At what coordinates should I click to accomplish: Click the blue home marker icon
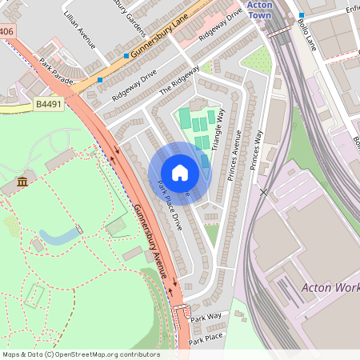(180, 173)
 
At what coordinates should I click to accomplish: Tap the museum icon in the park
(22, 184)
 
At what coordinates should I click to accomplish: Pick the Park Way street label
(206, 318)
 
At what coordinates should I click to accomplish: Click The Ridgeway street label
(178, 80)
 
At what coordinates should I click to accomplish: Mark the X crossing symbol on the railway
(263, 192)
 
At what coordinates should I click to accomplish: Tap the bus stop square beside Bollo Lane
(302, 15)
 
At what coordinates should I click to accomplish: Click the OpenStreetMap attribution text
(81, 354)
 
